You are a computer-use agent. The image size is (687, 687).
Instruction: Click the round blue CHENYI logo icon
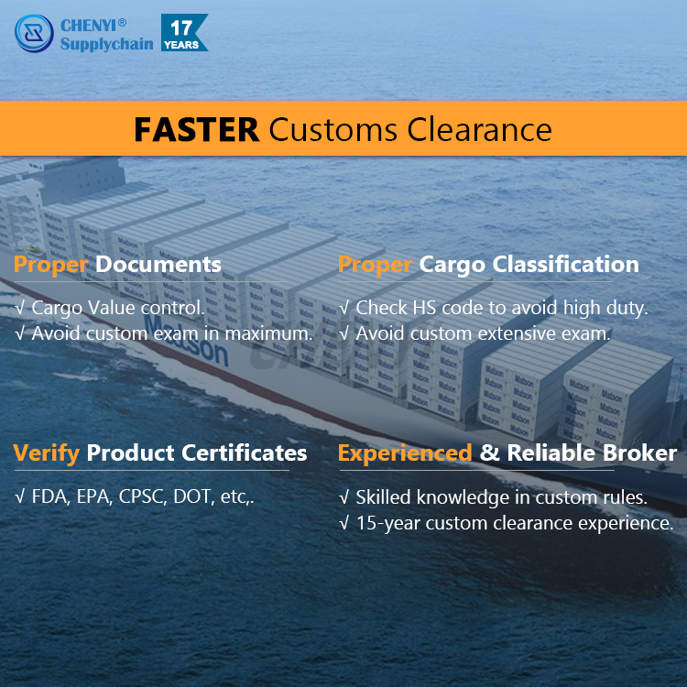(34, 33)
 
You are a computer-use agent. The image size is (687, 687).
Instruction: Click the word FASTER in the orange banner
(196, 129)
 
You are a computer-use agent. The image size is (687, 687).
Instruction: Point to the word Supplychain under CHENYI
(106, 43)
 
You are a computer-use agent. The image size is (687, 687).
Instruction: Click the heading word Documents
(158, 265)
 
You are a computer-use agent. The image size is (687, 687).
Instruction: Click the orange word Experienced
(405, 453)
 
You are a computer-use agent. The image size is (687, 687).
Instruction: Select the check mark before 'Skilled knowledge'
(344, 498)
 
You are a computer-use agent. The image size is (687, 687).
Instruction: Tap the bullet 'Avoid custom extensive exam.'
(482, 333)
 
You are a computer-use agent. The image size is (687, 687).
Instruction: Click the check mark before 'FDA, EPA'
(20, 498)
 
